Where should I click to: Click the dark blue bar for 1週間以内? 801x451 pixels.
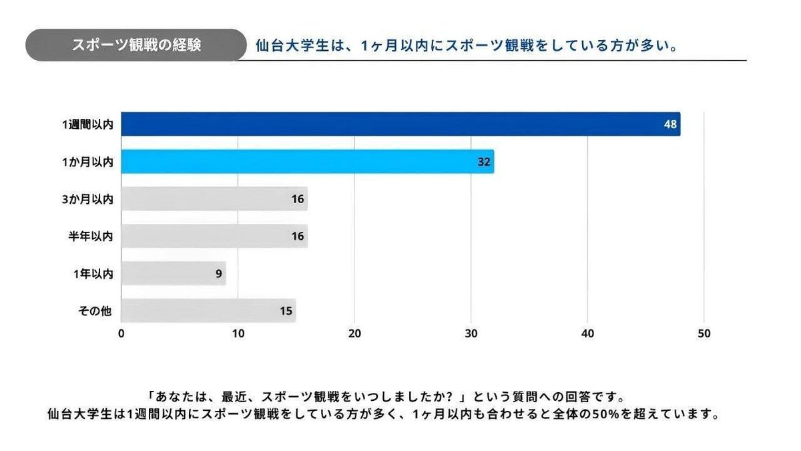pos(400,124)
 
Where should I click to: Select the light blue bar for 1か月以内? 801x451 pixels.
pos(307,162)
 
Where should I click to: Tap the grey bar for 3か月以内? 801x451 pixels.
pos(214,199)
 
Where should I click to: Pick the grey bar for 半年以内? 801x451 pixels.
pos(214,237)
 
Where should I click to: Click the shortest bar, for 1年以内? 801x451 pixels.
pos(174,274)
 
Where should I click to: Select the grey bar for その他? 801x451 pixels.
pos(208,311)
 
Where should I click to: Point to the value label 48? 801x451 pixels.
pos(670,124)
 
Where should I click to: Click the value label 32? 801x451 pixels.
pos(484,162)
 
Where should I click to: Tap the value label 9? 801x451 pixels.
pos(218,274)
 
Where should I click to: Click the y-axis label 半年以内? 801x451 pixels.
pos(91,237)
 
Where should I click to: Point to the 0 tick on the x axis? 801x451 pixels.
pos(121,334)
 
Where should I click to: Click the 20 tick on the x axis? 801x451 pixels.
pos(354,334)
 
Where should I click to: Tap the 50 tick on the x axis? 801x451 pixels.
pos(704,334)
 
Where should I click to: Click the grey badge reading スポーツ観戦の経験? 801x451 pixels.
pos(136,45)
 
